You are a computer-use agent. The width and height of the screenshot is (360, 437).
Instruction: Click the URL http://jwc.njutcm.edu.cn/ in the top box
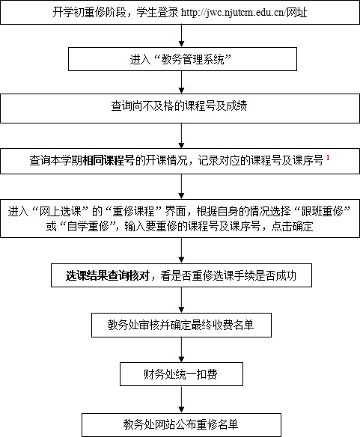tap(234, 13)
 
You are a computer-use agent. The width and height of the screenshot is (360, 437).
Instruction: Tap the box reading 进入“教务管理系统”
tap(183, 59)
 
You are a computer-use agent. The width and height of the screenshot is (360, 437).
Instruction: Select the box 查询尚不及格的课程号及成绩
tap(180, 109)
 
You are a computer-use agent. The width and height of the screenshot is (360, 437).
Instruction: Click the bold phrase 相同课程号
tap(109, 161)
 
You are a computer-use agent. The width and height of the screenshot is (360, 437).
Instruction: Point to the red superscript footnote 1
tap(328, 157)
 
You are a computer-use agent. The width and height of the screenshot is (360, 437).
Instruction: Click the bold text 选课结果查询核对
tap(107, 275)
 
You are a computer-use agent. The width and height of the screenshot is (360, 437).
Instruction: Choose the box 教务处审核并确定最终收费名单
tap(181, 325)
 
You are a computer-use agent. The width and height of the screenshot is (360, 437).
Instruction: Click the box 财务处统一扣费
tap(181, 374)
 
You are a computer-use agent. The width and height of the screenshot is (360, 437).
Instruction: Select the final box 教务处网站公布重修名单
tap(181, 424)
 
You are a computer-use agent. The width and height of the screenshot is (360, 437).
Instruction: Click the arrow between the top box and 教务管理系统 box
tap(181, 36)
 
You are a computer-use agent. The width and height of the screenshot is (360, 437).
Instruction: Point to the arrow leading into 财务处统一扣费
tap(181, 349)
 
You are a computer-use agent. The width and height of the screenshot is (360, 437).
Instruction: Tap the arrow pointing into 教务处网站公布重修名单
tap(181, 400)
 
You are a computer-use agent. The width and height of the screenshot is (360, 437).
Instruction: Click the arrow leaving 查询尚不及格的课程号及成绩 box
tap(181, 136)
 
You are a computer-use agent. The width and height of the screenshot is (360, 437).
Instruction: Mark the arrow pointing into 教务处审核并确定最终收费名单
tap(181, 300)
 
